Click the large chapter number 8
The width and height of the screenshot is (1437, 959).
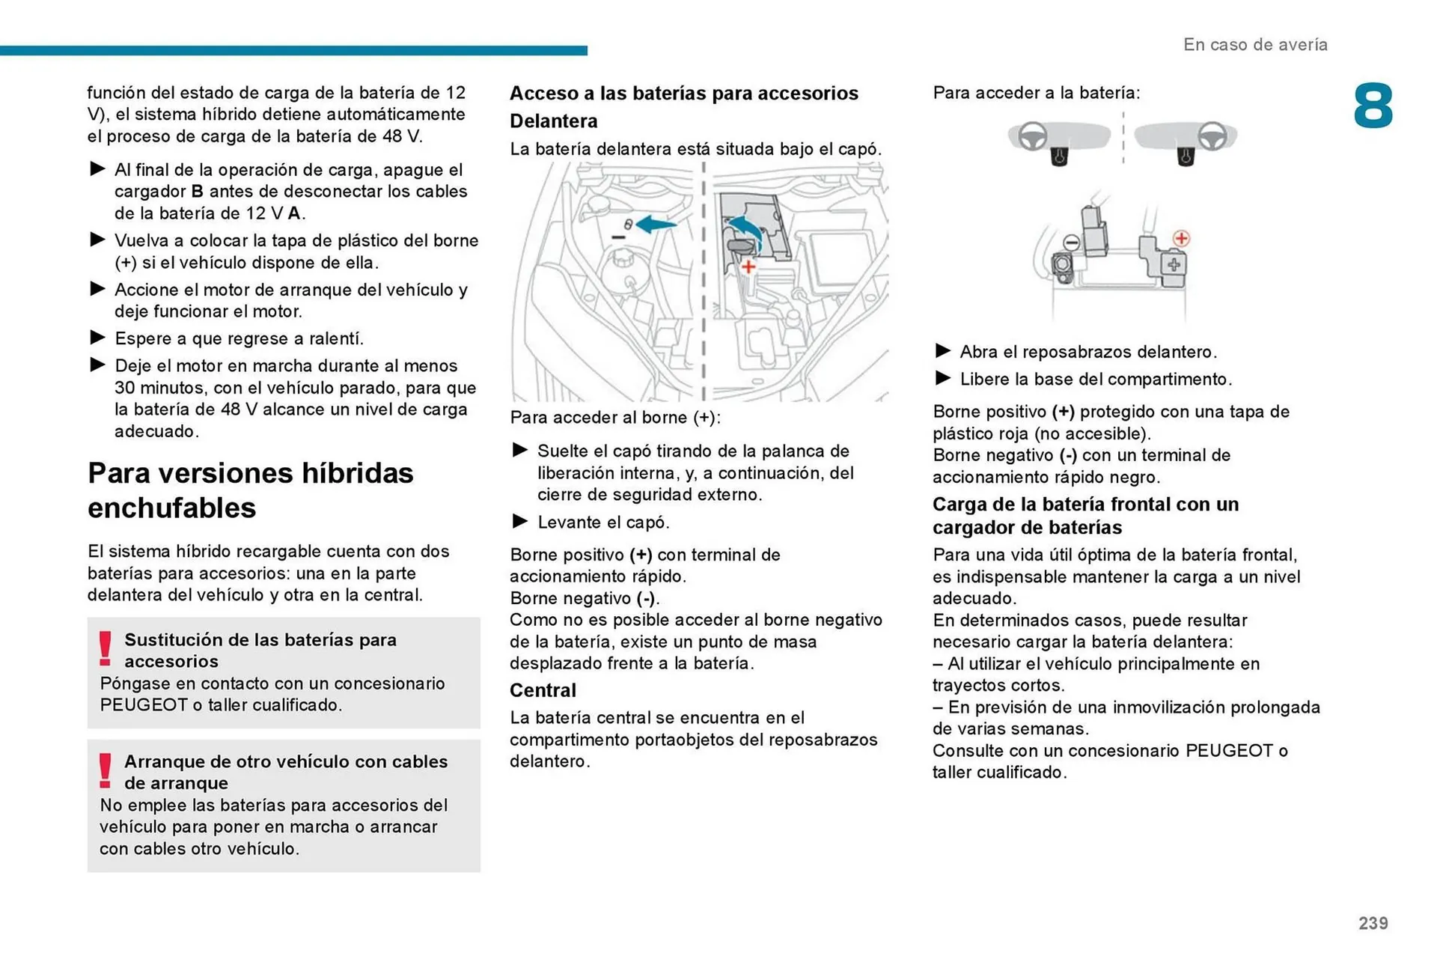(x=1373, y=106)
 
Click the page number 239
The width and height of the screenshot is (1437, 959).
(x=1373, y=923)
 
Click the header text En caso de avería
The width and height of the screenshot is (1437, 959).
(x=1255, y=45)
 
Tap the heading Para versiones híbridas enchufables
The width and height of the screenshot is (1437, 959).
(x=251, y=490)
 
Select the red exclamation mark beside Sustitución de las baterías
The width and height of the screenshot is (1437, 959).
(x=106, y=648)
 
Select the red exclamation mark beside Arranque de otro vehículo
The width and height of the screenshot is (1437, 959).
(x=106, y=770)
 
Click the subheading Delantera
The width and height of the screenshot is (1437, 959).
(x=553, y=121)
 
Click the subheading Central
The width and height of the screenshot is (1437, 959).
(x=543, y=690)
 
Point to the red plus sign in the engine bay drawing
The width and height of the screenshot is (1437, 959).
(x=748, y=267)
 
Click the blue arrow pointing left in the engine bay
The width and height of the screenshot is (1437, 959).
(x=656, y=224)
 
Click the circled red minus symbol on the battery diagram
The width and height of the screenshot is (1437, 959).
(x=1072, y=242)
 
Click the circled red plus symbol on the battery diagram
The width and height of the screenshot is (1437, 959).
(x=1181, y=239)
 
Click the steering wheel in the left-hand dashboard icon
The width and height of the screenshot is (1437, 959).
(x=1033, y=137)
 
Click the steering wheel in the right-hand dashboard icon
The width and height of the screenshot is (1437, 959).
(x=1212, y=137)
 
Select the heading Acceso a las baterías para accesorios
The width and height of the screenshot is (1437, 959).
(x=683, y=94)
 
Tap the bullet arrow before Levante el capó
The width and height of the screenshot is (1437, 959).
(x=520, y=521)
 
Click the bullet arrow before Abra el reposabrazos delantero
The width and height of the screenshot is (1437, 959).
(x=943, y=350)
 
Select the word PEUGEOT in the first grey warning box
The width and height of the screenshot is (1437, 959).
(x=144, y=704)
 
